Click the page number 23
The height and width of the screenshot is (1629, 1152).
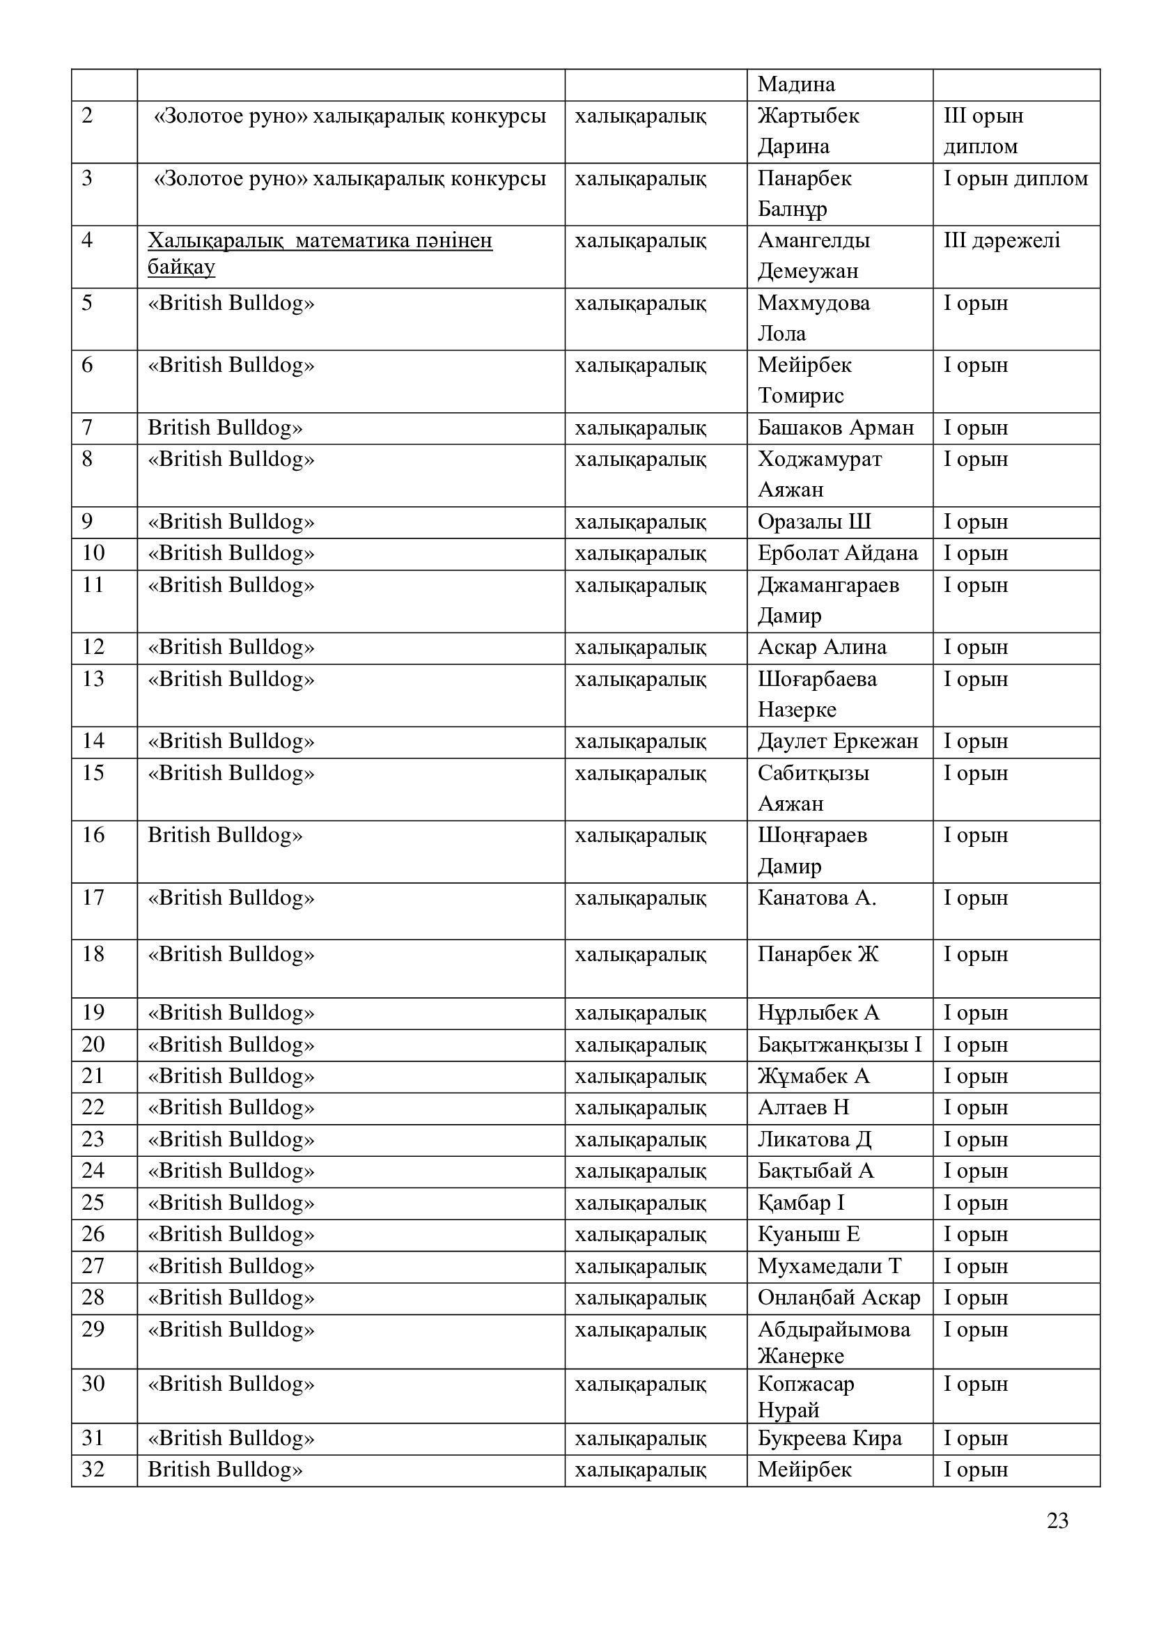1057,1520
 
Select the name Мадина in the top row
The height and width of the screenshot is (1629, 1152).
796,84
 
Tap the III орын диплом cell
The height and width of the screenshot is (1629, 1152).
983,131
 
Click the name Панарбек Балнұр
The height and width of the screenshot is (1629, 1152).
804,193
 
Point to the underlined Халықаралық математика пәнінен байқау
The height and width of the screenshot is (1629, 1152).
320,254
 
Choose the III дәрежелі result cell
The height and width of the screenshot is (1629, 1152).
1002,240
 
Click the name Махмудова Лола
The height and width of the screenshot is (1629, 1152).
813,318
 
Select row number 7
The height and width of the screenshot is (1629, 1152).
87,428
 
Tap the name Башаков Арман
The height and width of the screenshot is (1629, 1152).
836,428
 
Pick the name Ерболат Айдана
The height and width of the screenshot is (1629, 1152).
837,553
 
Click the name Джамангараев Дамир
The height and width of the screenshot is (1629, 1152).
828,600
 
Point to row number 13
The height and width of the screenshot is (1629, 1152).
93,679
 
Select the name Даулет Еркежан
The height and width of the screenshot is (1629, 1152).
838,742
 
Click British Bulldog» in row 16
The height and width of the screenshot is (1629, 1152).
225,835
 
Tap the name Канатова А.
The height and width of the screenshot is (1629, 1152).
816,898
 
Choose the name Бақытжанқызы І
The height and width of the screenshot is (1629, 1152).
839,1045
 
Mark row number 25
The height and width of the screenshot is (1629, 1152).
93,1203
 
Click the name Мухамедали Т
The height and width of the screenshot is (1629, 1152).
830,1265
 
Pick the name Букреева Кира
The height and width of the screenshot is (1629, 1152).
830,1438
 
